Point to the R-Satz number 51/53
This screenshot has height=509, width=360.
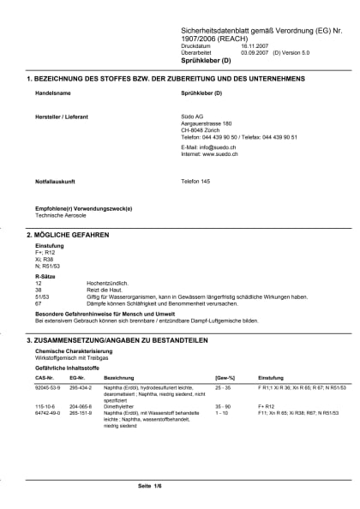42,296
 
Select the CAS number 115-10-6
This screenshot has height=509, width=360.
45,405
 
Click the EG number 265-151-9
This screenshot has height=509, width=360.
79,412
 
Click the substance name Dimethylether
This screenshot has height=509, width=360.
122,405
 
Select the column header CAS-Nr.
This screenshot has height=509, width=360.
45,377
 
